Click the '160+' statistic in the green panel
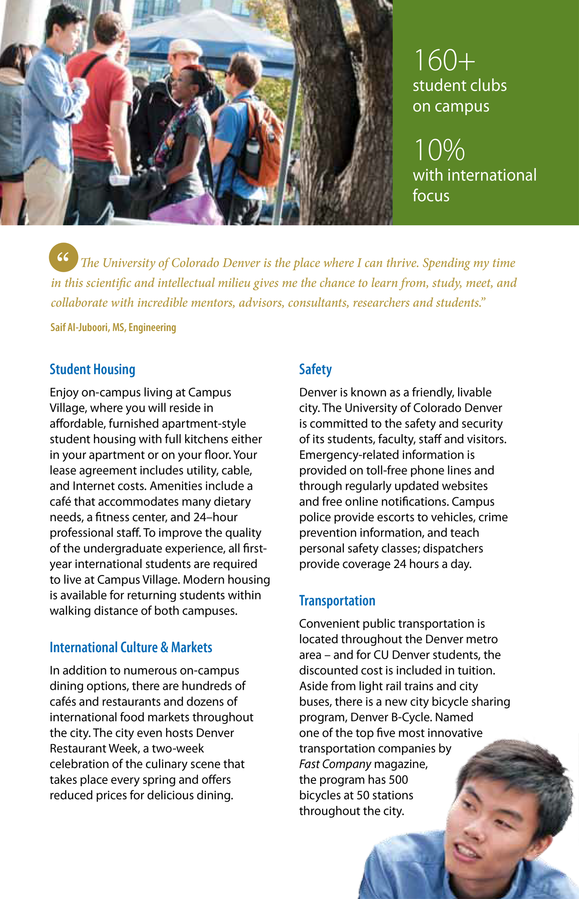[444, 60]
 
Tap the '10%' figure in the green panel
[439, 150]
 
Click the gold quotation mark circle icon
[63, 258]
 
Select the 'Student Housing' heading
[92, 369]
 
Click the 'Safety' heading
[315, 369]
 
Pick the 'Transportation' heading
[337, 601]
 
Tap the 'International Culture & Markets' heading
[131, 648]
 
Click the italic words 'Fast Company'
[335, 764]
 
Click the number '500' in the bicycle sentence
[398, 780]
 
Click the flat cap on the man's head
[185, 47]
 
